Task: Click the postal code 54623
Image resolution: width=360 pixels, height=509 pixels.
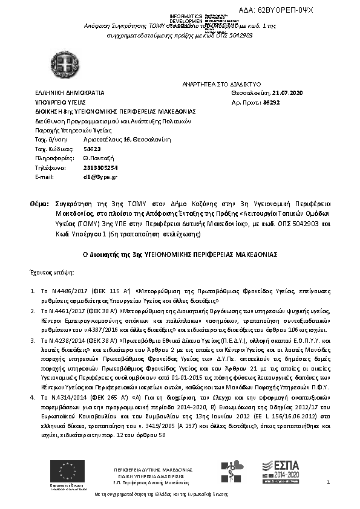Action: (x=75, y=149)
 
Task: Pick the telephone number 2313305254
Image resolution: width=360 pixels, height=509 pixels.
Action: (x=84, y=167)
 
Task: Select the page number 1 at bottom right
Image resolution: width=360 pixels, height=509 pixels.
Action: (x=327, y=482)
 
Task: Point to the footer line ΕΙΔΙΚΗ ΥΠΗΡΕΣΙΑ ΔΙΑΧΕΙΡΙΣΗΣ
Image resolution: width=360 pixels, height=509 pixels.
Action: (x=152, y=476)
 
